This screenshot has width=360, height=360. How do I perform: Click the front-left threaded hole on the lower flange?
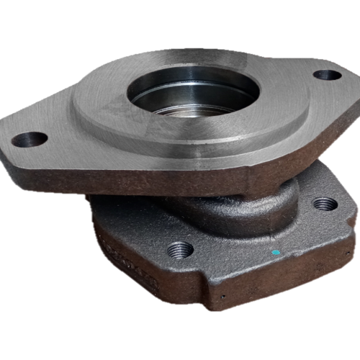(180, 250)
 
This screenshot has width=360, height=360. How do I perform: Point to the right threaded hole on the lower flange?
(325, 204)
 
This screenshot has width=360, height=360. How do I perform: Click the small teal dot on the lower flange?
(276, 253)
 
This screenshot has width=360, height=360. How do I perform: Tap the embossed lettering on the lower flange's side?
(130, 260)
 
